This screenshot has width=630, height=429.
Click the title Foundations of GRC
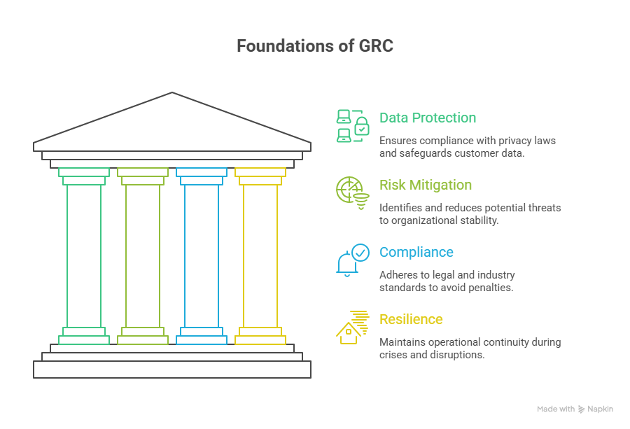tap(314, 46)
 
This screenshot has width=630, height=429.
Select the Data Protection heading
tap(427, 118)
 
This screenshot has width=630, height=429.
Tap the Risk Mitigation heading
tap(425, 185)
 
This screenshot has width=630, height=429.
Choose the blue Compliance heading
tap(416, 252)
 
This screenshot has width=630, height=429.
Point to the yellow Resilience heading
tap(411, 319)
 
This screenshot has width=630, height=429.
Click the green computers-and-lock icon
tap(352, 126)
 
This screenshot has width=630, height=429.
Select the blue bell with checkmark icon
tap(352, 260)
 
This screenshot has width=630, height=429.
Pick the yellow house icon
tap(352, 327)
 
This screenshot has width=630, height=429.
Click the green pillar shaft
tap(84, 255)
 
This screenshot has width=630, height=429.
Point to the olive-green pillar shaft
tap(143, 255)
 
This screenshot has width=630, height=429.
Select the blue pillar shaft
tap(202, 255)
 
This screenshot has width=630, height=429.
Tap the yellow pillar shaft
tap(260, 255)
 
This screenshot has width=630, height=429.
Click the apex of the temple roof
tap(172, 94)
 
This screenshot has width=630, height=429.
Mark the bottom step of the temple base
tap(172, 370)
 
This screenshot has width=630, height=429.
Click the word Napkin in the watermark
tap(601, 409)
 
